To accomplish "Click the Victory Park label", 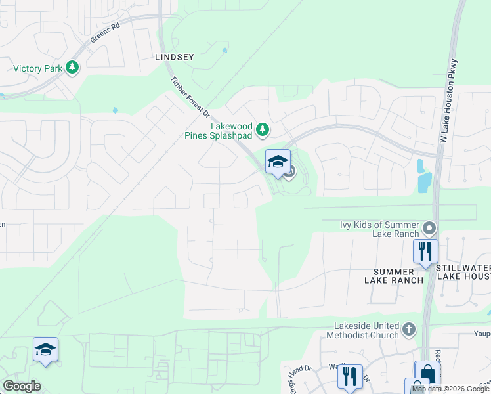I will pyautogui.click(x=37, y=68).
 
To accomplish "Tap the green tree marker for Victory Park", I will pyautogui.click(x=73, y=68).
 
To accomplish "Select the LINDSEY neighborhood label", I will pyautogui.click(x=174, y=57).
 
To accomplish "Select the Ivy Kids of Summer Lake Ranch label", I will pyautogui.click(x=379, y=229).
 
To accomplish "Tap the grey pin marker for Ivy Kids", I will pyautogui.click(x=429, y=229).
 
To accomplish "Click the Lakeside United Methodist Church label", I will pyautogui.click(x=366, y=330).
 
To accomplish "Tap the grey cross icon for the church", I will pyautogui.click(x=409, y=329).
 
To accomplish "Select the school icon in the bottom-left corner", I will pyautogui.click(x=45, y=350).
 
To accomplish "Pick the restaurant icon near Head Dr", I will pyautogui.click(x=350, y=377).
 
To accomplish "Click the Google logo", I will pyautogui.click(x=22, y=386).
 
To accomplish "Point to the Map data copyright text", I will pyautogui.click(x=451, y=389).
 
